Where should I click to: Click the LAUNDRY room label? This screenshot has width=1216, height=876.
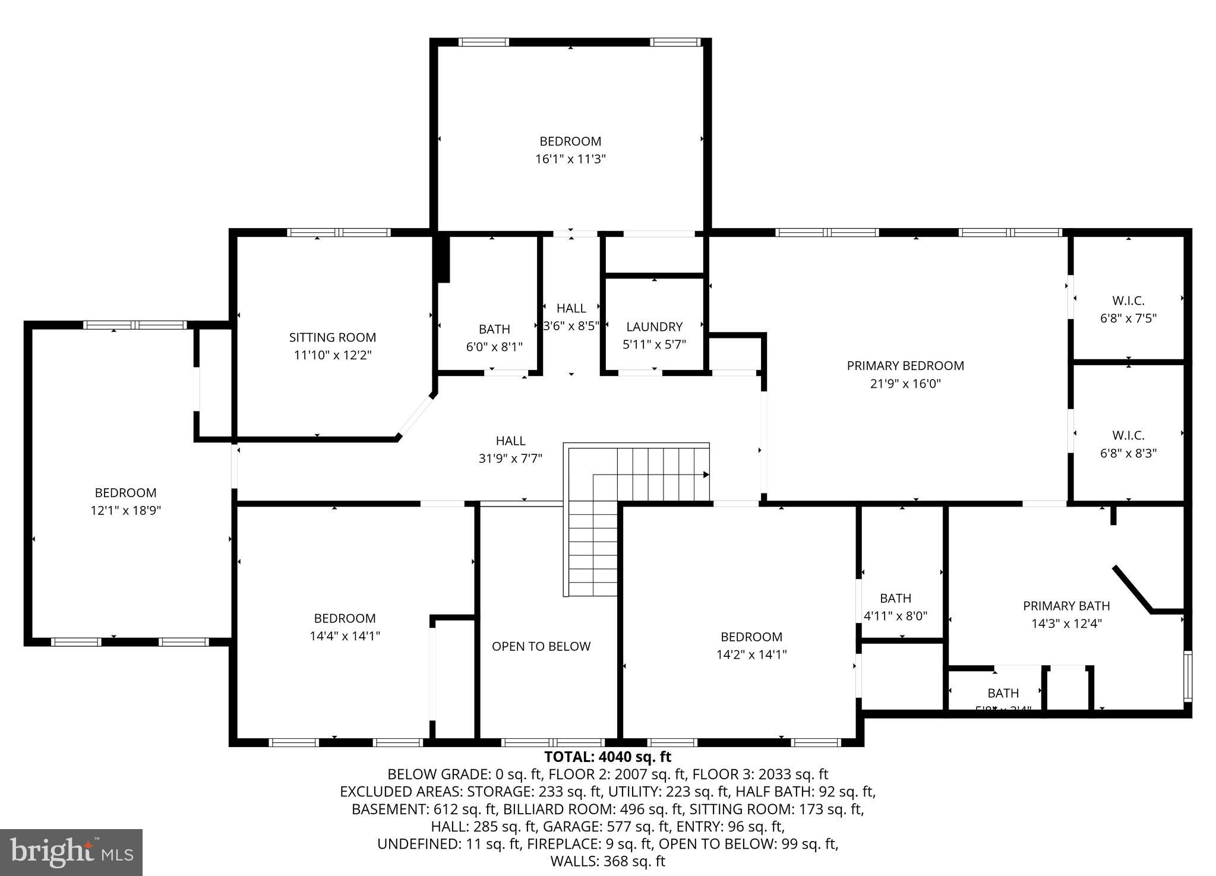[x=654, y=327]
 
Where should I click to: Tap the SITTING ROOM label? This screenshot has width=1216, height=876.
[x=332, y=337]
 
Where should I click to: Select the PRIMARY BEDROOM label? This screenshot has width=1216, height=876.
[x=905, y=366]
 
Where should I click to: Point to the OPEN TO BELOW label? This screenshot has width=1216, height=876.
[x=541, y=646]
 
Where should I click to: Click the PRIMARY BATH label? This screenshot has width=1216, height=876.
[x=1066, y=606]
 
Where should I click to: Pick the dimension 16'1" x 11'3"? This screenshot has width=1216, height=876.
[x=570, y=159]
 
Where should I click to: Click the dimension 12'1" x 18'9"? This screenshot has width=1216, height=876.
[x=125, y=510]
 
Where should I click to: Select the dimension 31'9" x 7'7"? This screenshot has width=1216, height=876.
[x=510, y=458]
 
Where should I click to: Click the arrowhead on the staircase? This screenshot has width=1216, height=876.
[x=706, y=475]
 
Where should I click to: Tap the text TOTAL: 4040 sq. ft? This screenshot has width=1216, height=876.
[x=607, y=757]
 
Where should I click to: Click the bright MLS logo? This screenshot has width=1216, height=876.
[x=71, y=853]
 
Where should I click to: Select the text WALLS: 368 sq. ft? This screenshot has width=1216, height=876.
[x=607, y=861]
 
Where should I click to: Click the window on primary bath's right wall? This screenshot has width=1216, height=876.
[x=1187, y=676]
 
